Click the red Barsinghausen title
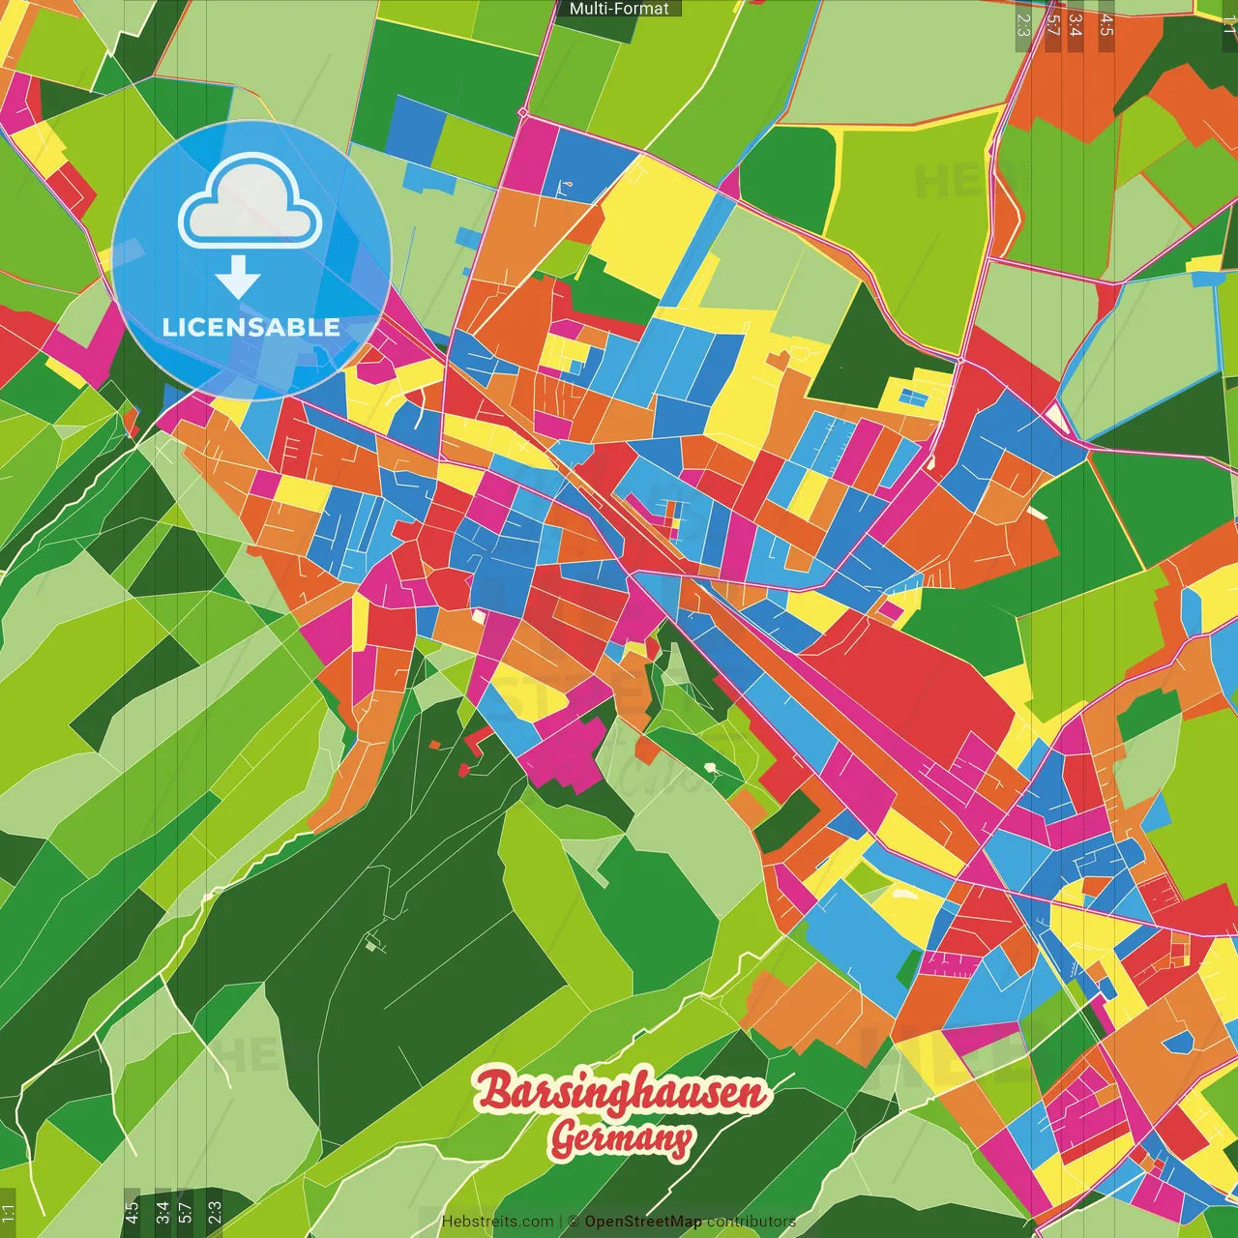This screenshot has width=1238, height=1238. click(620, 1092)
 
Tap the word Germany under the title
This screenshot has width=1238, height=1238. click(622, 1138)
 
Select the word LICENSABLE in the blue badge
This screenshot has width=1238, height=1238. click(251, 327)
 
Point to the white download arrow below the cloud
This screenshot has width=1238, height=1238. click(238, 278)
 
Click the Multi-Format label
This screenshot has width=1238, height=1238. click(619, 9)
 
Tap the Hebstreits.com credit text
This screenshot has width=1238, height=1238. click(497, 1222)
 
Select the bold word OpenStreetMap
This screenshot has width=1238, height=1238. click(643, 1222)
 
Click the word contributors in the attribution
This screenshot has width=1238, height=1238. click(751, 1222)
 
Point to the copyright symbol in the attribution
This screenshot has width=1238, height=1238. click(573, 1222)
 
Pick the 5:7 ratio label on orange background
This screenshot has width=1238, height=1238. click(1052, 25)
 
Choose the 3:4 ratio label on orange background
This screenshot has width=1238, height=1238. click(1076, 25)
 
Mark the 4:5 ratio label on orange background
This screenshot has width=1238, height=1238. click(1106, 25)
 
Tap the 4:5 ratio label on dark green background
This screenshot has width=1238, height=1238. click(132, 1212)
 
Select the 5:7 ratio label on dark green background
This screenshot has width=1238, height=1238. click(186, 1212)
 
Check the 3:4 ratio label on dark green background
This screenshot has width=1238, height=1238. click(162, 1212)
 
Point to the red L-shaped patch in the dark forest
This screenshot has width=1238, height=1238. click(475, 743)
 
